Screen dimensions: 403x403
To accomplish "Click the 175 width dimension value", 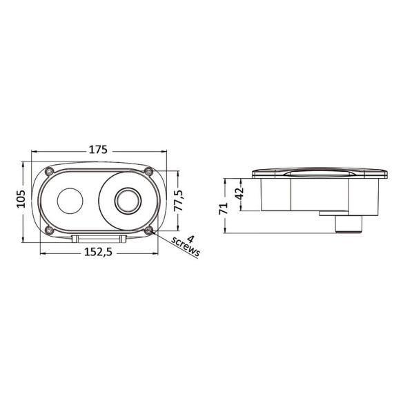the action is coord(98,150).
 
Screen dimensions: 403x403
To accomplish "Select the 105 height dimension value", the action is coord(21,199).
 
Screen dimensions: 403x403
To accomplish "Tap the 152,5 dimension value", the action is coord(98,252).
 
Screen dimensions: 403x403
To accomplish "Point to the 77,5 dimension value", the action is coord(178,201).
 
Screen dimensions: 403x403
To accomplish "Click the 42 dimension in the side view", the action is coord(239,193).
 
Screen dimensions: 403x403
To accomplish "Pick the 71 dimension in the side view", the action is coord(224,208).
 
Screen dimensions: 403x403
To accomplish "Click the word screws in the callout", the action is coord(186,247).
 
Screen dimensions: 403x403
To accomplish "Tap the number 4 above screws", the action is coord(190,239).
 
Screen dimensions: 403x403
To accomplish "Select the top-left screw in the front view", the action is coord(49,171).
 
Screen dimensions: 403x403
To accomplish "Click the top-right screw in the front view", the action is coord(148,171).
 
